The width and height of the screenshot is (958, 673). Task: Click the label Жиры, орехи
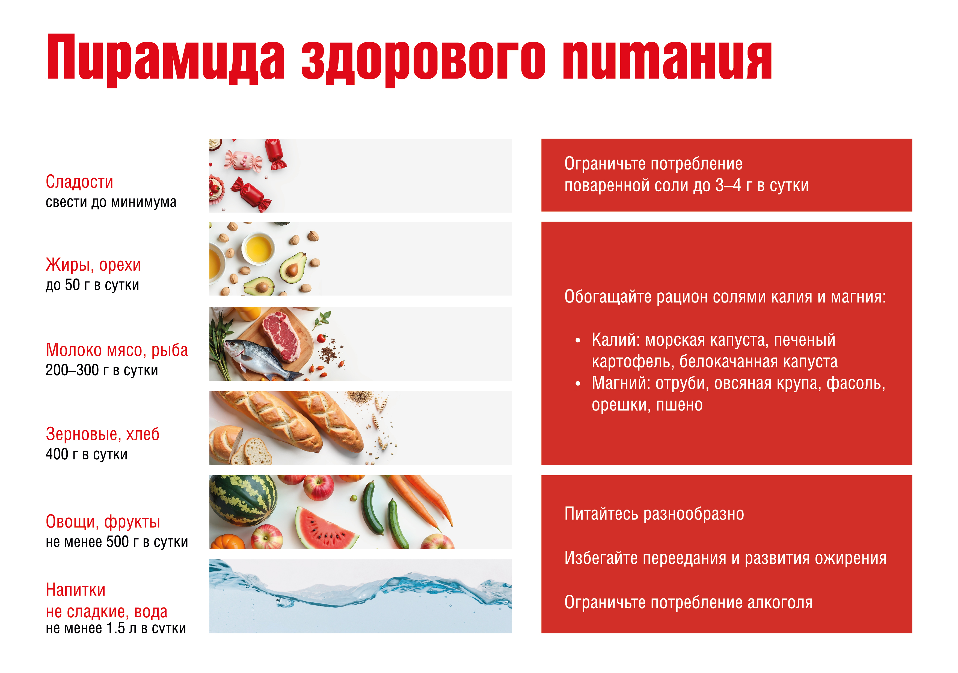(x=93, y=265)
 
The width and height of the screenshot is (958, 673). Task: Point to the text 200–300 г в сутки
(x=102, y=370)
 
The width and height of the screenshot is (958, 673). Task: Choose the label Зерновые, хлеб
(x=103, y=434)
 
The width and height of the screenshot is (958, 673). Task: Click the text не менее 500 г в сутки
(x=117, y=542)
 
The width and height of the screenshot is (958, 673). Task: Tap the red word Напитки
(x=76, y=590)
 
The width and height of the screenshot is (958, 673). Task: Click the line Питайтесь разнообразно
(x=654, y=514)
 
